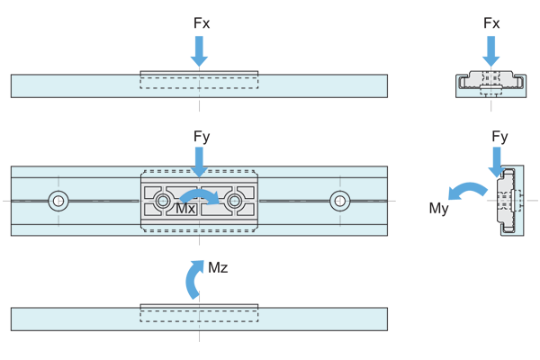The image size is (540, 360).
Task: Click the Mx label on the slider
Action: (x=185, y=209)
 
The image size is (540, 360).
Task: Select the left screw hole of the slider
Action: (x=163, y=201)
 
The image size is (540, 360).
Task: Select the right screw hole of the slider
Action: (x=234, y=201)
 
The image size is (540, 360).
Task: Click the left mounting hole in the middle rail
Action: (x=58, y=201)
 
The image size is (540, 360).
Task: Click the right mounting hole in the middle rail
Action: (x=339, y=201)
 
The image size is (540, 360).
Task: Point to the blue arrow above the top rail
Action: (x=199, y=49)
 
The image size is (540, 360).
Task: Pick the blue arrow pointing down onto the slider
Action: (x=199, y=158)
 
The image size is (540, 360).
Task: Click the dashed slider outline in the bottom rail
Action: (x=199, y=316)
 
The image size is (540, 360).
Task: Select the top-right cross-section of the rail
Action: (x=490, y=82)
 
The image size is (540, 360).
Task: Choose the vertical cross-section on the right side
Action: (x=510, y=201)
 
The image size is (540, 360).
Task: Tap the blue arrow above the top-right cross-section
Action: (x=486, y=47)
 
